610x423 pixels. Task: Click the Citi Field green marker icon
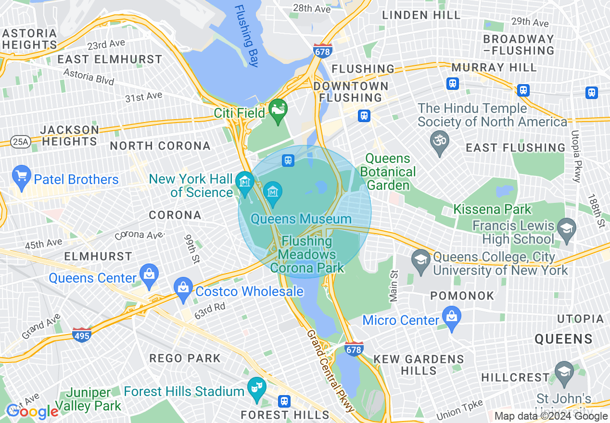pos(278,110)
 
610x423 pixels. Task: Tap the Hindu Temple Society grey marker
pos(439,142)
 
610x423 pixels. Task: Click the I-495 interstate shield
pos(82,335)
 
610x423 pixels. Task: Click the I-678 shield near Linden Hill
pos(322,50)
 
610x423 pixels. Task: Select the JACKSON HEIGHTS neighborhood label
pos(70,136)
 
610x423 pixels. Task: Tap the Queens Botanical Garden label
pos(388,172)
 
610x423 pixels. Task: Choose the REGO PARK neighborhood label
pos(185,358)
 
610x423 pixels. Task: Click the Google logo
pos(32,411)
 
